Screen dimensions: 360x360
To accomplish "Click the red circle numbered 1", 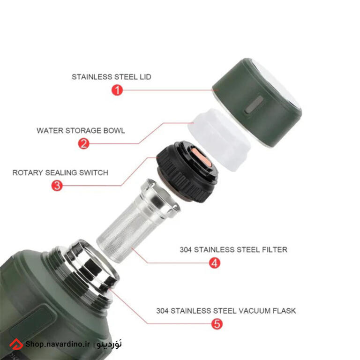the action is pos(117,90).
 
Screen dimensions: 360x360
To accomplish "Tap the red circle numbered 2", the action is pos(83,144).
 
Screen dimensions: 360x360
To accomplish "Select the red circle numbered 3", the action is pos(57,186).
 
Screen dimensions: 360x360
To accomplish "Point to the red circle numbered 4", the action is pos(215,262).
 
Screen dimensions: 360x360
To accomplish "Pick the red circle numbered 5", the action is pos(217,324).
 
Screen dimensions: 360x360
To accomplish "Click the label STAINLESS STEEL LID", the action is pos(112,77).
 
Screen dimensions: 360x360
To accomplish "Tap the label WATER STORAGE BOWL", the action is pos(81,130).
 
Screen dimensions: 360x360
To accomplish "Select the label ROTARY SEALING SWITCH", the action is pos(60,172).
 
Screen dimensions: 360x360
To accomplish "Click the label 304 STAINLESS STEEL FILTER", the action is pos(233,249).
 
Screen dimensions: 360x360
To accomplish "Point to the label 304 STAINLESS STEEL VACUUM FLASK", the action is pos(226,311).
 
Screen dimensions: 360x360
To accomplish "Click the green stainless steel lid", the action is pos(257,102).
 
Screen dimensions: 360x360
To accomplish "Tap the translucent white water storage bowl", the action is pos(219,140).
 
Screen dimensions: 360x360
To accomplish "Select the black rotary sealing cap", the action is pos(187,171).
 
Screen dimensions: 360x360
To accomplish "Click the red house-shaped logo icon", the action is pos(16,345).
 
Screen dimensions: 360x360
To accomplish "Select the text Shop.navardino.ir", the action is pos(57,344).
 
